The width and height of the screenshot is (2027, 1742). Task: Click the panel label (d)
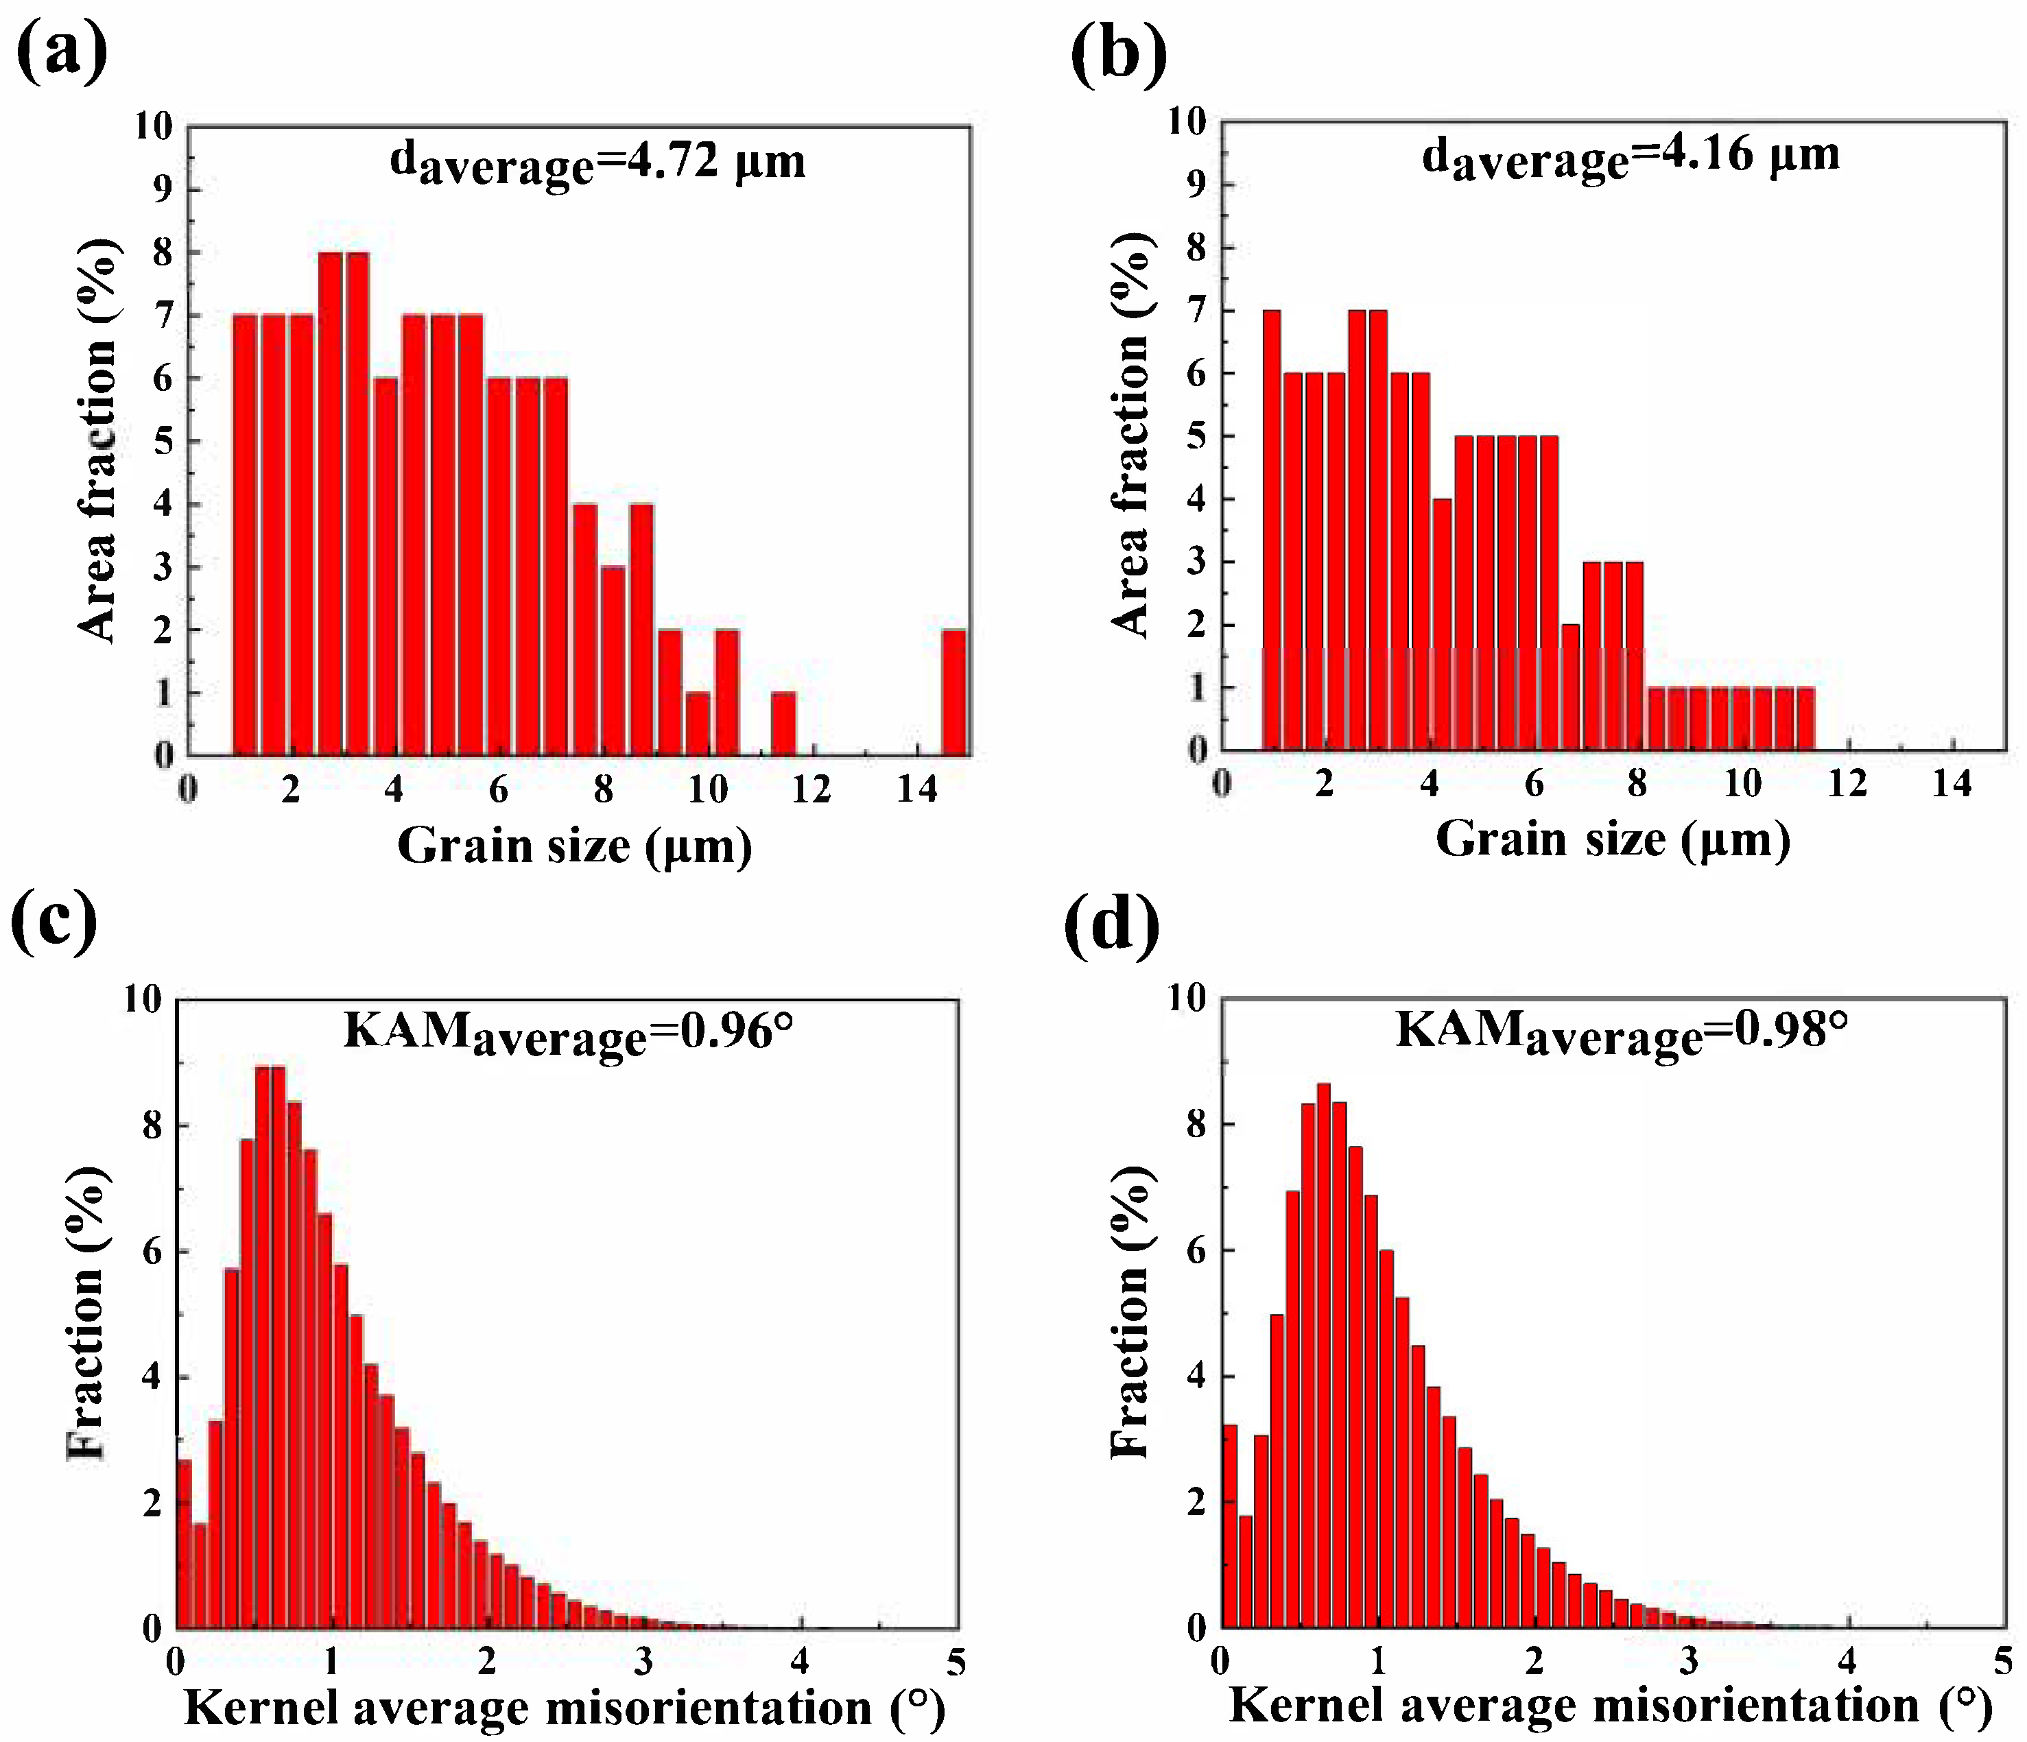tap(1111, 924)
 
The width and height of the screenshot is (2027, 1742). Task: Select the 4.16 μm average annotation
tap(1630, 156)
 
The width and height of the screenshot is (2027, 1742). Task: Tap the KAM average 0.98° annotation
tap(1621, 1032)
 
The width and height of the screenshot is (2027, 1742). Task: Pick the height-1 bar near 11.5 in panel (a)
tap(783, 723)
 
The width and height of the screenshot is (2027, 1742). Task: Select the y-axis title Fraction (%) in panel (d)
tap(1132, 1311)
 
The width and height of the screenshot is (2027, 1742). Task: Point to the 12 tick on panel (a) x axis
tap(811, 788)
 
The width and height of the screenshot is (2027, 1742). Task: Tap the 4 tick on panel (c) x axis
tap(801, 1662)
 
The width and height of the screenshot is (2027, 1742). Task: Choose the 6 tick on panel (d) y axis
tap(1196, 1251)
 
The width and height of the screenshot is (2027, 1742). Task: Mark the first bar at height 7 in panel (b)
tap(1271, 528)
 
